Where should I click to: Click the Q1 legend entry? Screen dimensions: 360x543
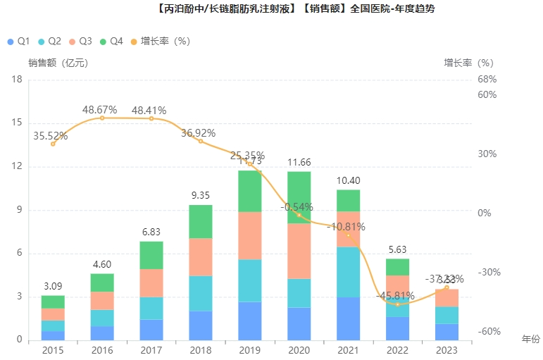(18, 42)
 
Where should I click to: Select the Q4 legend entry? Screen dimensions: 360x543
(112, 42)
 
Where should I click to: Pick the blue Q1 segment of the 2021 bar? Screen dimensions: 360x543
(348, 318)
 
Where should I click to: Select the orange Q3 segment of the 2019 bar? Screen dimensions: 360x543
(249, 235)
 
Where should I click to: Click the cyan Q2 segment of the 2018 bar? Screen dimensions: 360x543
(201, 293)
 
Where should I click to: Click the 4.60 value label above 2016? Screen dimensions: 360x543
(102, 265)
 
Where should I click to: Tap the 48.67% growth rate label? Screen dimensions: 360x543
(99, 110)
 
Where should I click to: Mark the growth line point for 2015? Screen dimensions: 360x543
(53, 144)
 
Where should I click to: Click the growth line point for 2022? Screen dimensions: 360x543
(397, 304)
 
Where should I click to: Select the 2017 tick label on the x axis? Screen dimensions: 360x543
(151, 349)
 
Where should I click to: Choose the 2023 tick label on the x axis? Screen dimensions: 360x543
(447, 349)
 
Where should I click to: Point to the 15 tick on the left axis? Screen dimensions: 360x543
(17, 123)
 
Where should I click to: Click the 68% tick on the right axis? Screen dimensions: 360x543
(487, 79)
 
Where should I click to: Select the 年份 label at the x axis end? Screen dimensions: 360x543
(530, 340)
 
